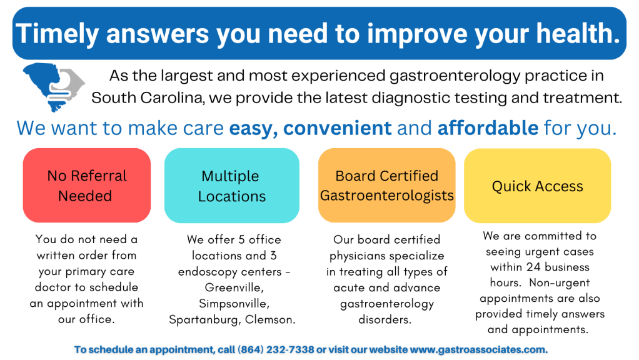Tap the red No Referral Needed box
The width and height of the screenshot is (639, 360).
click(87, 185)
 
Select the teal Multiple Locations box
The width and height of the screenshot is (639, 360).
click(232, 185)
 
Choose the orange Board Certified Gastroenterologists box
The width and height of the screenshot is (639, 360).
click(387, 185)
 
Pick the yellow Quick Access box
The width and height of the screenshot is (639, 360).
click(538, 186)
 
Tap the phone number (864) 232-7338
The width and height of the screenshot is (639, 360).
click(276, 350)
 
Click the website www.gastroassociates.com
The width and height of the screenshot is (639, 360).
click(478, 350)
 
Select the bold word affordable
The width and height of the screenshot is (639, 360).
click(488, 128)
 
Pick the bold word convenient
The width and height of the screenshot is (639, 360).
click(338, 128)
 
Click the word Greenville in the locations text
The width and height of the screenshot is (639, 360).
click(234, 288)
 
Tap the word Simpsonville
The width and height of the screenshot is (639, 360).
click(234, 304)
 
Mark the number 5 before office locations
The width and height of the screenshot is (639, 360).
click(241, 239)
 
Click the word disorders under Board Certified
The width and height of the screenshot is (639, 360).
click(385, 319)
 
